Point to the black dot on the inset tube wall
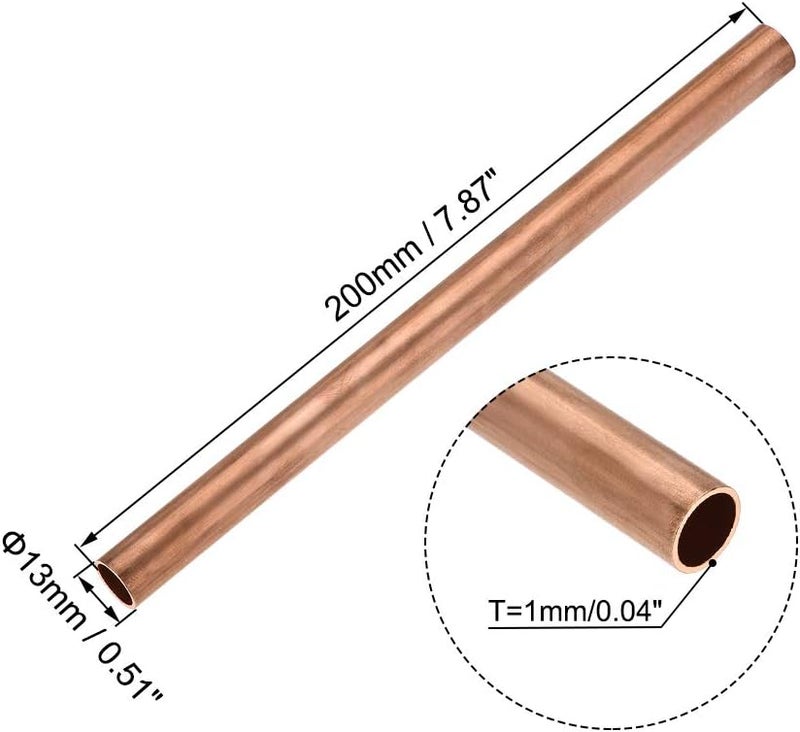pos(713,564)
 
